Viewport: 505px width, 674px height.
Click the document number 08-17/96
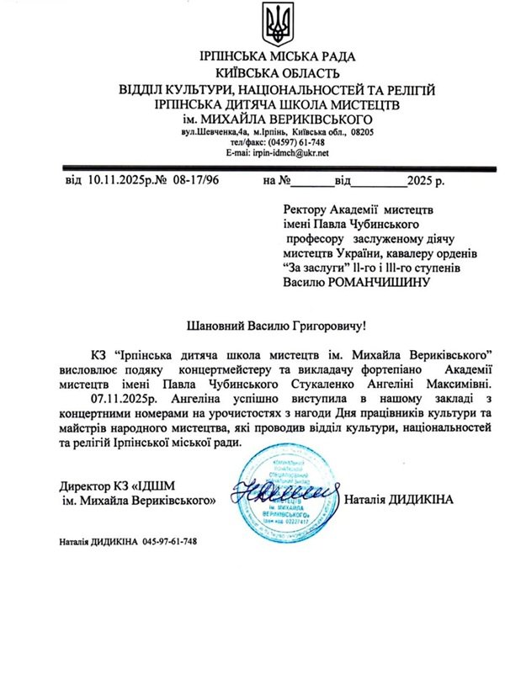(193, 181)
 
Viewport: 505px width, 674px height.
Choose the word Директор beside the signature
(88, 486)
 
